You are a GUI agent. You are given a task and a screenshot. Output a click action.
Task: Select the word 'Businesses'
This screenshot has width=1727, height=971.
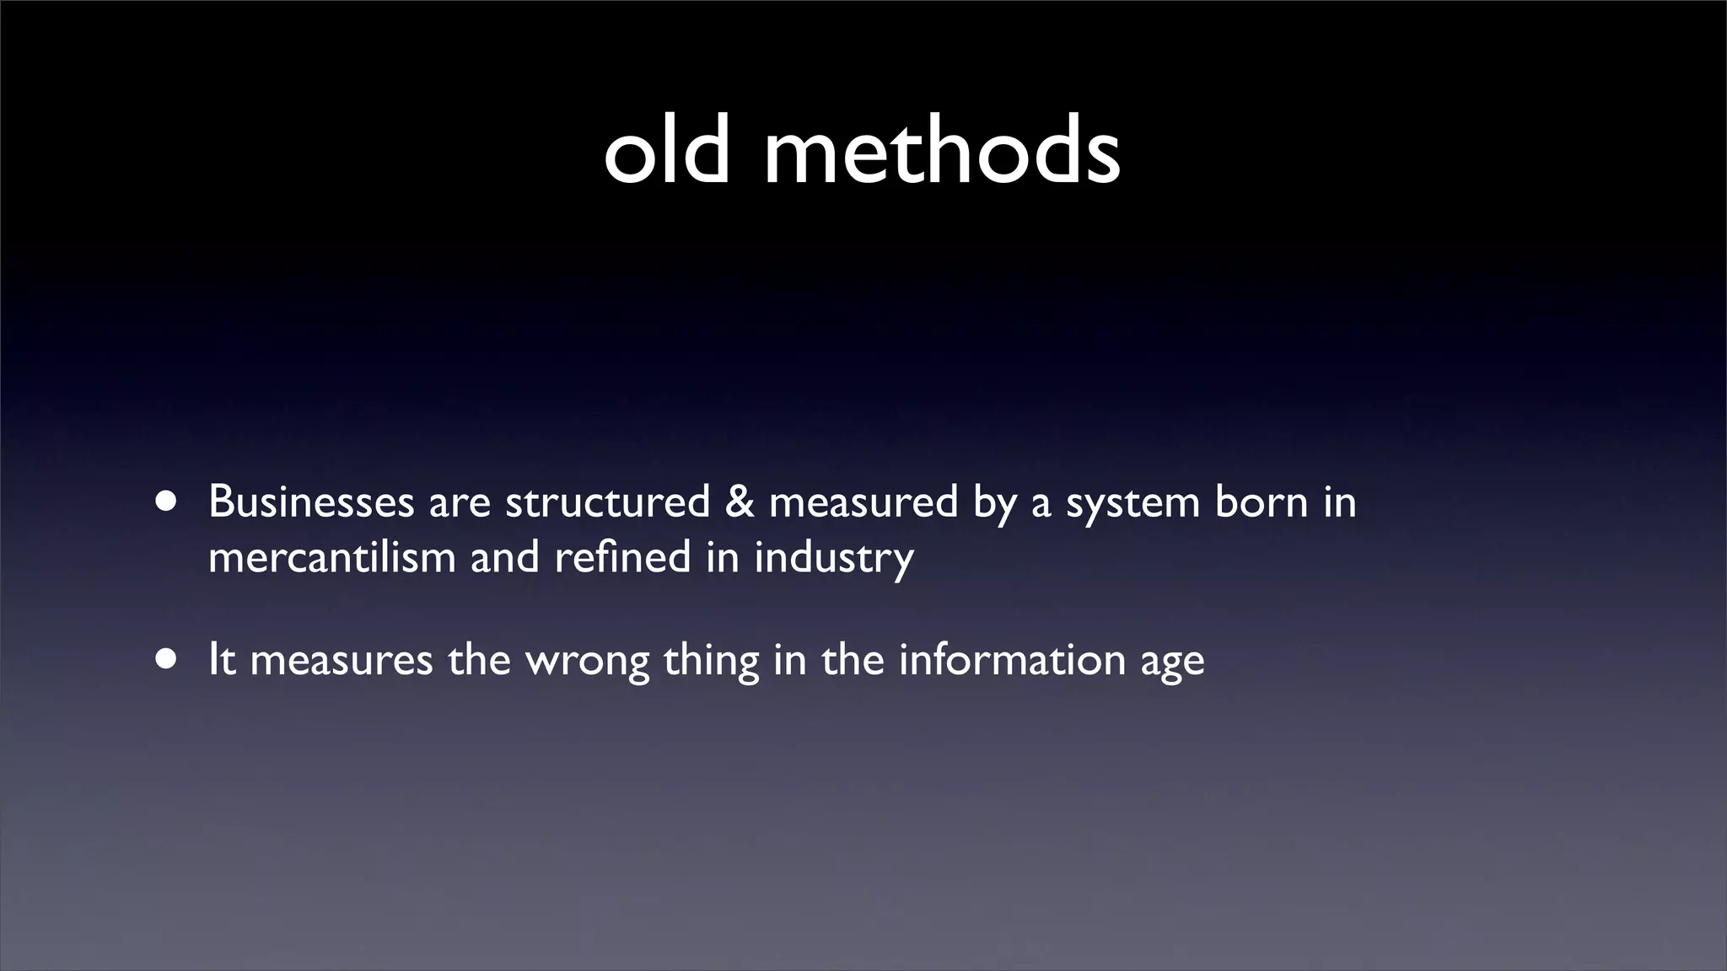[x=311, y=502]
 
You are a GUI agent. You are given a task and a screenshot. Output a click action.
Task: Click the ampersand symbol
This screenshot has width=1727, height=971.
[x=740, y=502]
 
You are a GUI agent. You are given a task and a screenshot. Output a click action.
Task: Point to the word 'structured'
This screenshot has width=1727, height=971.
[x=607, y=502]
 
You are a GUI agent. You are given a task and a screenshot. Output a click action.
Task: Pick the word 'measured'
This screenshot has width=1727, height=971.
[x=863, y=502]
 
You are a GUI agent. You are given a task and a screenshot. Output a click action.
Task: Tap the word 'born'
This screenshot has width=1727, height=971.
[x=1260, y=502]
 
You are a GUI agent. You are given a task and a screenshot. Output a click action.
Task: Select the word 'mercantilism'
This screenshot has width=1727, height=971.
[x=331, y=557]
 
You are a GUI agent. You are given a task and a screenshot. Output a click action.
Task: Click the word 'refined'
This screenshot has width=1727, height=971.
[x=622, y=557]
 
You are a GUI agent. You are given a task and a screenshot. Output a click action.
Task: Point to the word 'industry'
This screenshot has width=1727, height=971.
[x=834, y=559]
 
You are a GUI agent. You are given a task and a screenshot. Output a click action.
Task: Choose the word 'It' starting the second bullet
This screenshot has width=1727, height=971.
[x=221, y=659]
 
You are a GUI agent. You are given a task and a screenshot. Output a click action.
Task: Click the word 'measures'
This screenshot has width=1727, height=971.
[x=342, y=660]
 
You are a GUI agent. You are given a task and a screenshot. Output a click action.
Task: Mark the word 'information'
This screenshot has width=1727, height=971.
[x=1012, y=659]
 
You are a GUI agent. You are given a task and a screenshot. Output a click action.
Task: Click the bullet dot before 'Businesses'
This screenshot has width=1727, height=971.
[x=166, y=502]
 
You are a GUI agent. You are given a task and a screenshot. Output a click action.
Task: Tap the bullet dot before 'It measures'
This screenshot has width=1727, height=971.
[x=166, y=660]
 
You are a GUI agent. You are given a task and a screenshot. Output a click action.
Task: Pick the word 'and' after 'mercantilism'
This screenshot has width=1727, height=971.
[x=504, y=557]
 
